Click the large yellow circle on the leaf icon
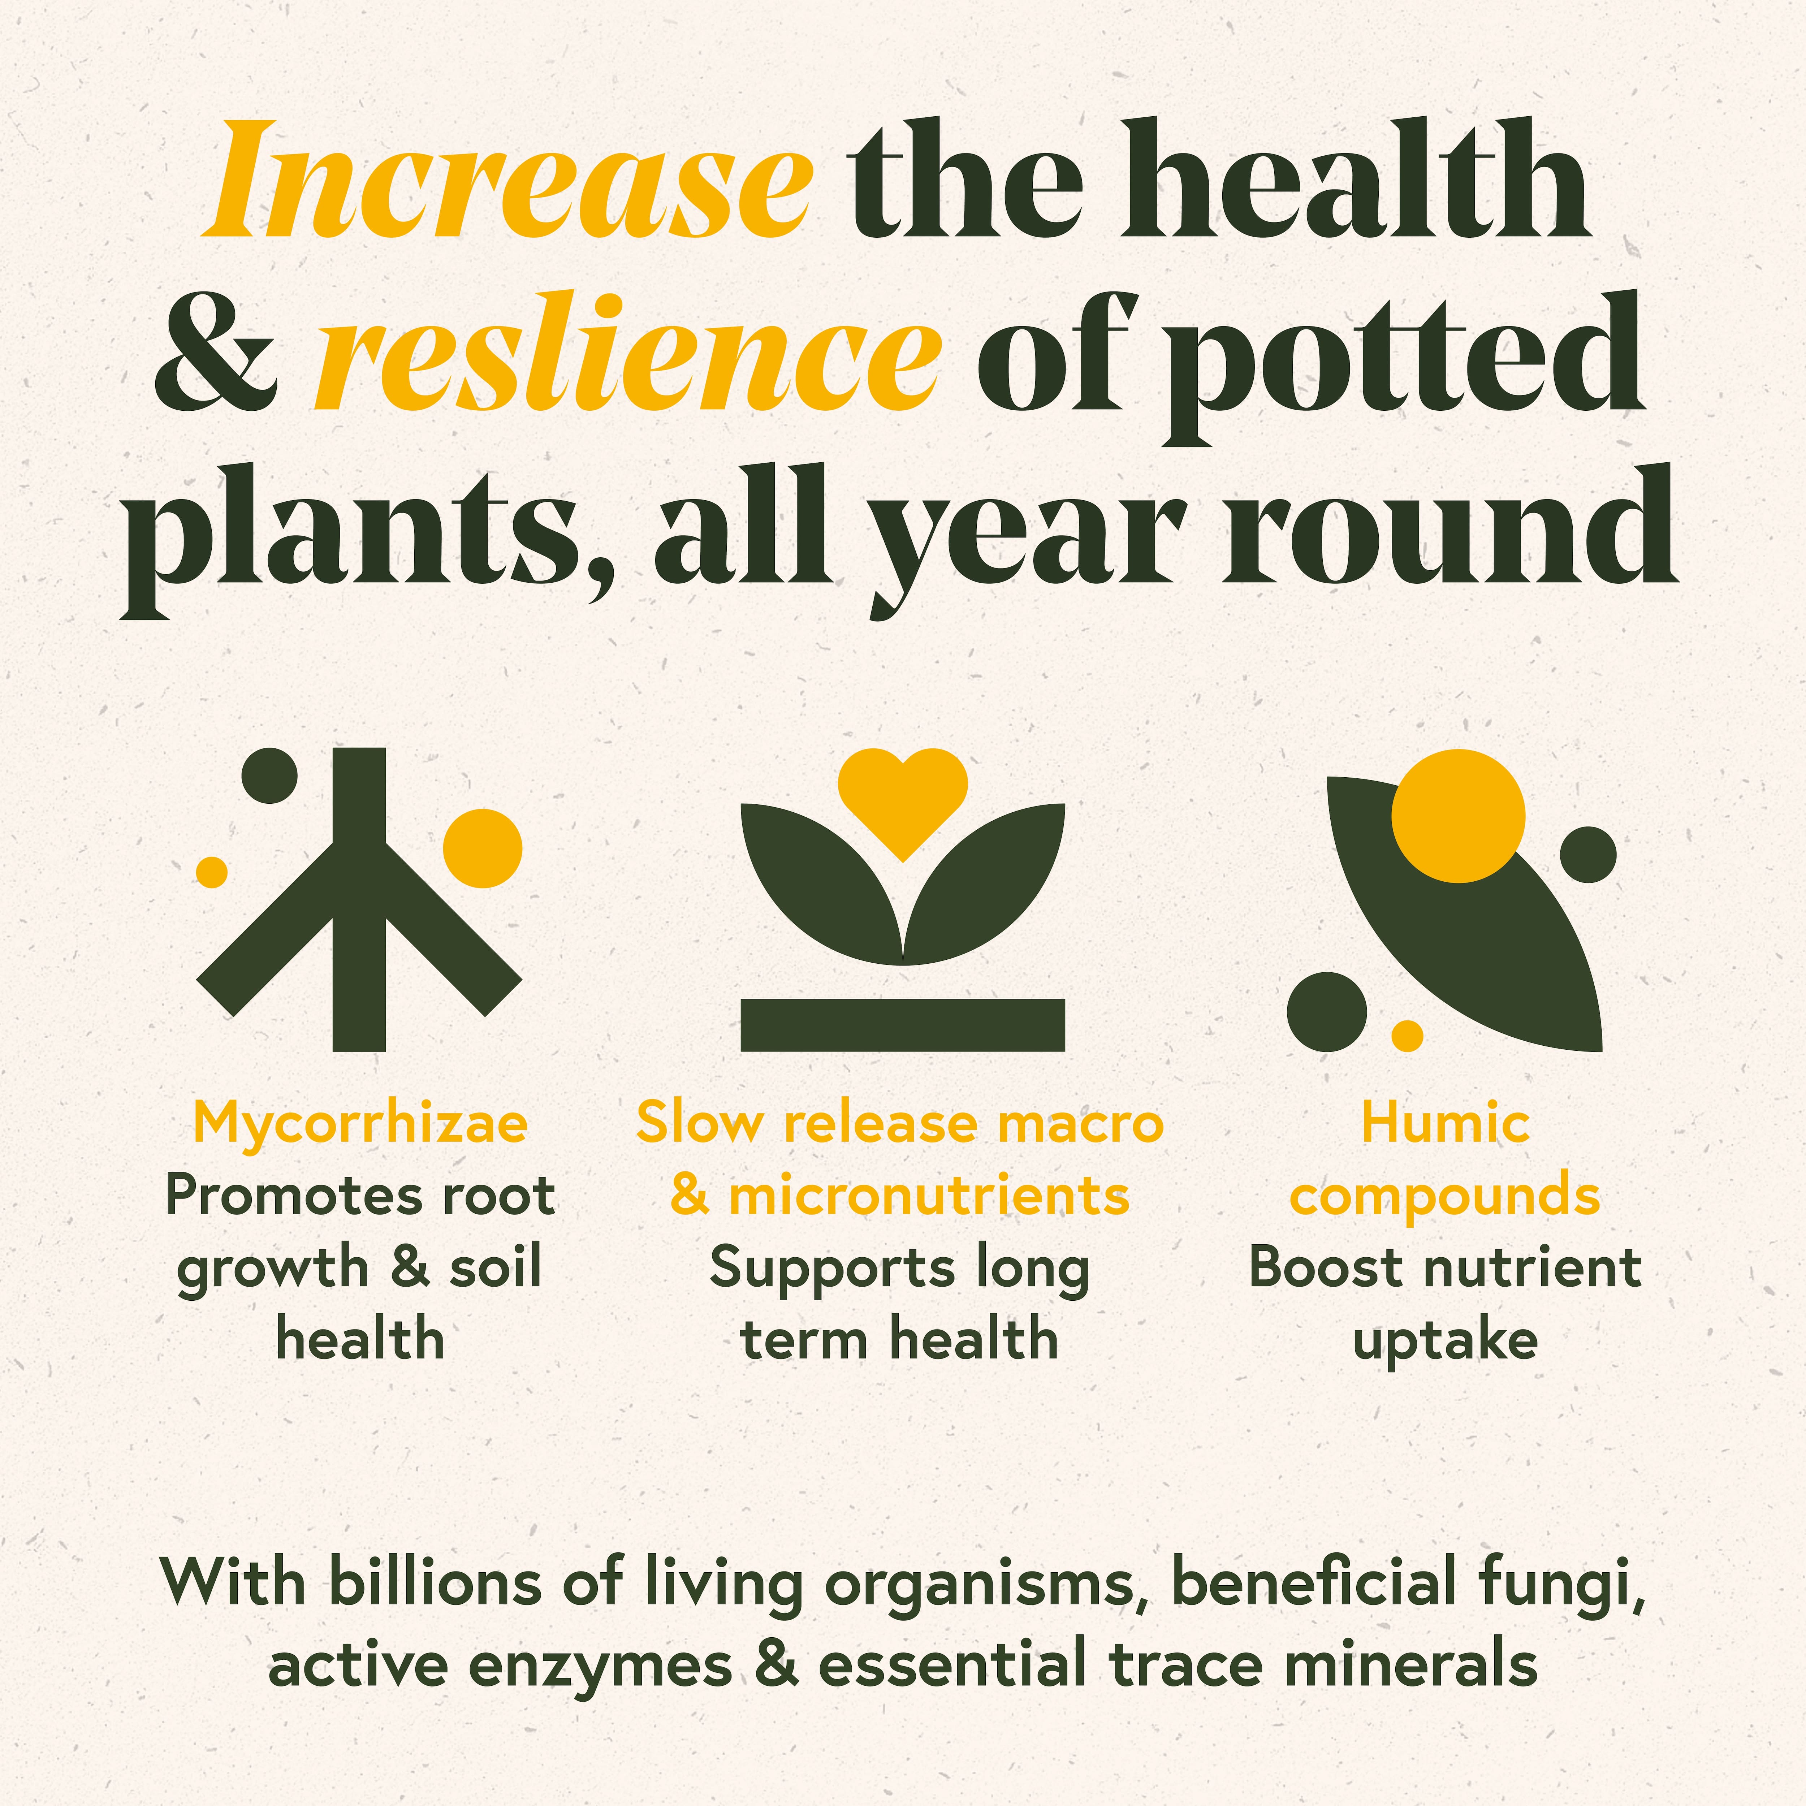[1457, 816]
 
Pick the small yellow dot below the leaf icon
[1407, 1036]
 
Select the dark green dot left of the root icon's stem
[269, 775]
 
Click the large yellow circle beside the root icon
[482, 848]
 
